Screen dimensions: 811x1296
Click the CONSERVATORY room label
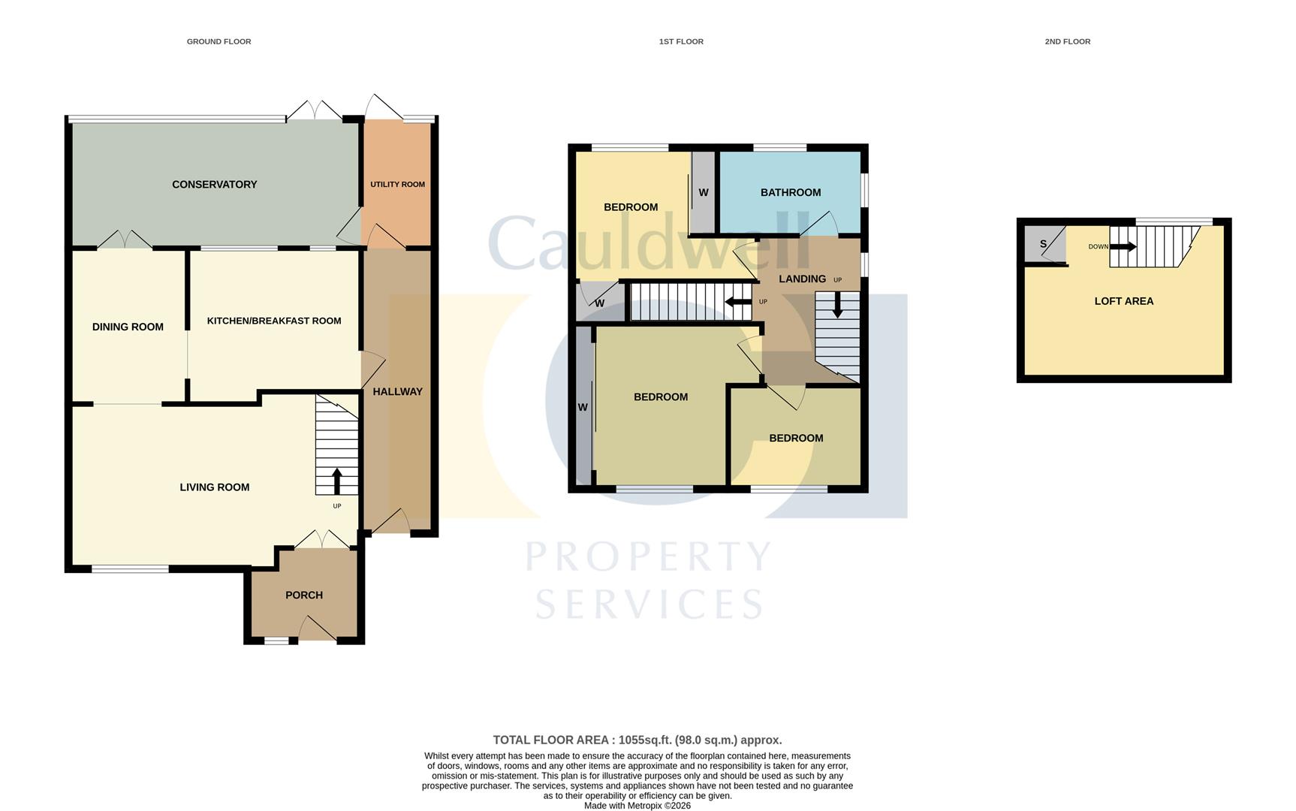click(x=214, y=185)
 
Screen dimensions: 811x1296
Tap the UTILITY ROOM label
click(x=397, y=185)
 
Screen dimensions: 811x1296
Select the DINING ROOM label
click(x=128, y=327)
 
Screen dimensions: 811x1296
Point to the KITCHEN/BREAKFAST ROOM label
click(x=274, y=321)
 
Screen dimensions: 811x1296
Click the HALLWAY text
click(x=397, y=392)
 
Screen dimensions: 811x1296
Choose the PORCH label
click(x=304, y=595)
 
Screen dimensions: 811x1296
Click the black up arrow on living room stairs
click(x=336, y=480)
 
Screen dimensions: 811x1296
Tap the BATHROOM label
click(x=790, y=193)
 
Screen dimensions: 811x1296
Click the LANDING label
click(x=802, y=279)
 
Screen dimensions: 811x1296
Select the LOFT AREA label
click(x=1123, y=301)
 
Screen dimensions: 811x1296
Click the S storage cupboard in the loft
click(x=1043, y=245)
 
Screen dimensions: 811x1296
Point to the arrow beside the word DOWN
click(x=1123, y=246)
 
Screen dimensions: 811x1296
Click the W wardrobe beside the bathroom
click(x=704, y=193)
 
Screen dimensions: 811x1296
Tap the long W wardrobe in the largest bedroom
click(x=583, y=408)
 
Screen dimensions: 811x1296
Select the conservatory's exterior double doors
click(x=314, y=111)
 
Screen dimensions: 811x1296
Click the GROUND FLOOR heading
click(x=219, y=42)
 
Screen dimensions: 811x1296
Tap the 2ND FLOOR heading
click(x=1067, y=42)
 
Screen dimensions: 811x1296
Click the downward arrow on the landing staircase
click(x=837, y=306)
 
